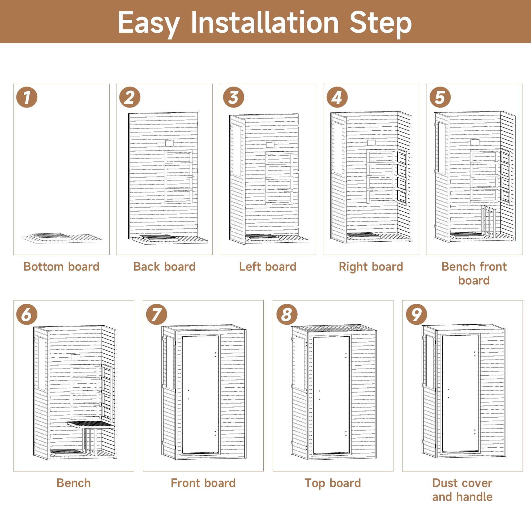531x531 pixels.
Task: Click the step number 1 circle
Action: pyautogui.click(x=27, y=97)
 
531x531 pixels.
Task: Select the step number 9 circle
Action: pyautogui.click(x=416, y=314)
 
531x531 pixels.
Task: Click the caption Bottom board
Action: pyautogui.click(x=61, y=267)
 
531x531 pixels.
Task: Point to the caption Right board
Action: pyautogui.click(x=371, y=267)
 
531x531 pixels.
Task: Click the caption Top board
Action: pyautogui.click(x=333, y=483)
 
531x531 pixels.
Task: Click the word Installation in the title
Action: pyautogui.click(x=264, y=23)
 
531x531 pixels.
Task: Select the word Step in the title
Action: pyautogui.click(x=380, y=23)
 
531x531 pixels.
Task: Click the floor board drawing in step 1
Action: pyautogui.click(x=62, y=238)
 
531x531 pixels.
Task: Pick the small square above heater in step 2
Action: pyautogui.click(x=169, y=143)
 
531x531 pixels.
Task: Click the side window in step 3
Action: pyautogui.click(x=237, y=150)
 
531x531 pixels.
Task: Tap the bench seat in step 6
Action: pyautogui.click(x=91, y=424)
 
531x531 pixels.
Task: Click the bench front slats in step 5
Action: pyautogui.click(x=489, y=222)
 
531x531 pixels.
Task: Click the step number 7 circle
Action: pyautogui.click(x=156, y=314)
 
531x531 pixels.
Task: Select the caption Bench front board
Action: pyautogui.click(x=474, y=273)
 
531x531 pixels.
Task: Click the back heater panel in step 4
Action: pyautogui.click(x=381, y=176)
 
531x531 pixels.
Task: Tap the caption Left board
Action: pyautogui.click(x=268, y=267)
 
